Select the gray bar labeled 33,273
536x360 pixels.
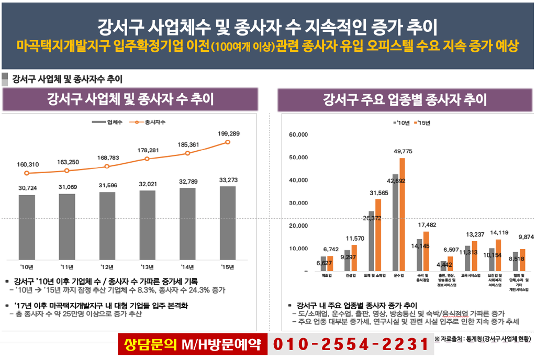pyautogui.click(x=228, y=222)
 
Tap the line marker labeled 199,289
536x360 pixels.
pyautogui.click(x=228, y=142)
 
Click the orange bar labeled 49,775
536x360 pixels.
pyautogui.click(x=402, y=214)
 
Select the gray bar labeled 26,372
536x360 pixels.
pyautogui.click(x=372, y=241)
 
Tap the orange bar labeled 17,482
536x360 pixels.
pyautogui.click(x=426, y=251)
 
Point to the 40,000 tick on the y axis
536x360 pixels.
pyautogui.click(x=298, y=181)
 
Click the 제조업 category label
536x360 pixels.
pyautogui.click(x=327, y=275)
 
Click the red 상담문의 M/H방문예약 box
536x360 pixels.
pyautogui.click(x=192, y=344)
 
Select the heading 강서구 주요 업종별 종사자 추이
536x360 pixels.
pyautogui.click(x=405, y=99)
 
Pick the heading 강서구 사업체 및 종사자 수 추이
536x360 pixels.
pyautogui.click(x=130, y=99)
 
